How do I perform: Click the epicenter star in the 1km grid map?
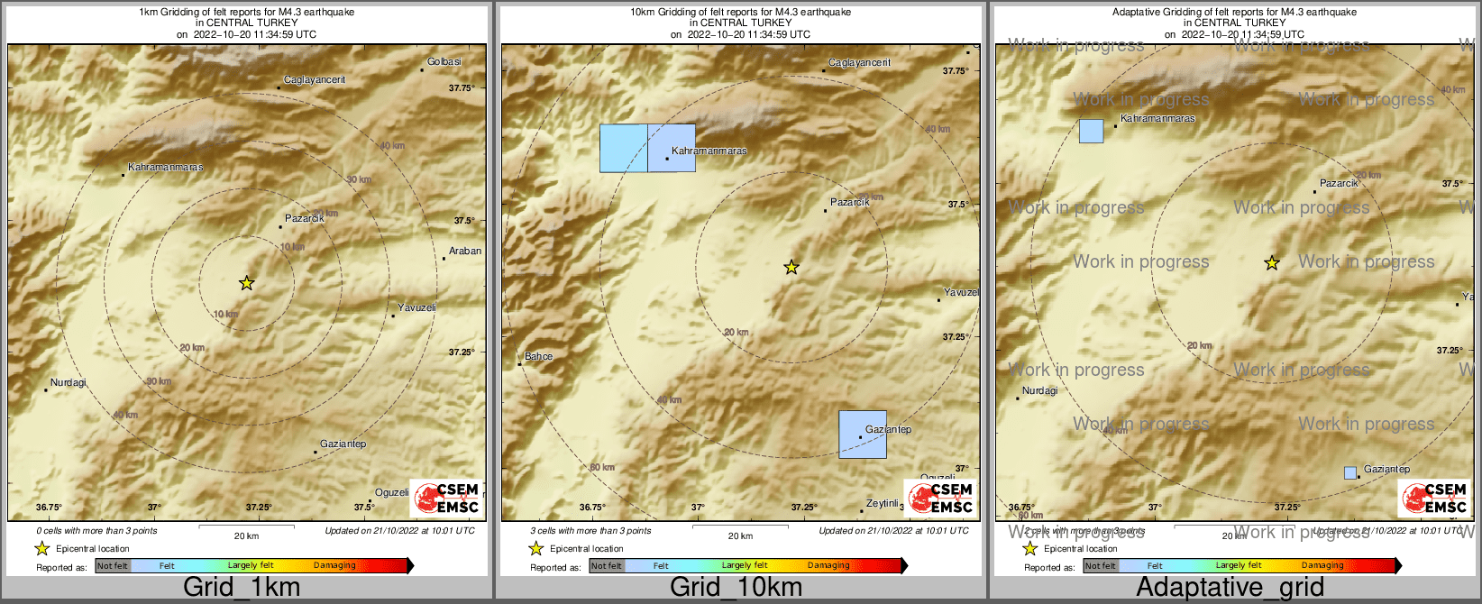coord(246,283)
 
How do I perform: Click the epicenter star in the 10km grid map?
coord(791,267)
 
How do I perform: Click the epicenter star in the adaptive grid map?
coord(1272,263)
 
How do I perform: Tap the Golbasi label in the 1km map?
coord(444,62)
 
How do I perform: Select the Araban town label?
coord(465,252)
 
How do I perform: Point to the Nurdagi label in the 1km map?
coord(69,383)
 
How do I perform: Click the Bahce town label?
coord(539,357)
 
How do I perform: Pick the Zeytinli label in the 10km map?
coord(883,504)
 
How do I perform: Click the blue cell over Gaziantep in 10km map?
coord(863,435)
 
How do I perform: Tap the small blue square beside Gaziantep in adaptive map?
coord(1350,472)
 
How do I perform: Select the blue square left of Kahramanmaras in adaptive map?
coord(1092,131)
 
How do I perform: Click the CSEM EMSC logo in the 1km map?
coord(446,498)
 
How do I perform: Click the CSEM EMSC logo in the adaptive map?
coord(1434,498)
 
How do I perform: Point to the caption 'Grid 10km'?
coord(736,588)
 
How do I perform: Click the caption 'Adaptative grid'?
coord(1230,588)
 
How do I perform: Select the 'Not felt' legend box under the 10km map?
coord(607,566)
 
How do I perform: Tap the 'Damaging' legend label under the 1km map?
coord(334,566)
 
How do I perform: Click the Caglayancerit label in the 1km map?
coord(315,80)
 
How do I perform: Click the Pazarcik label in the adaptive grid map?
coord(1339,184)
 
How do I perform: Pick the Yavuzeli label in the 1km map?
coord(416,308)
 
